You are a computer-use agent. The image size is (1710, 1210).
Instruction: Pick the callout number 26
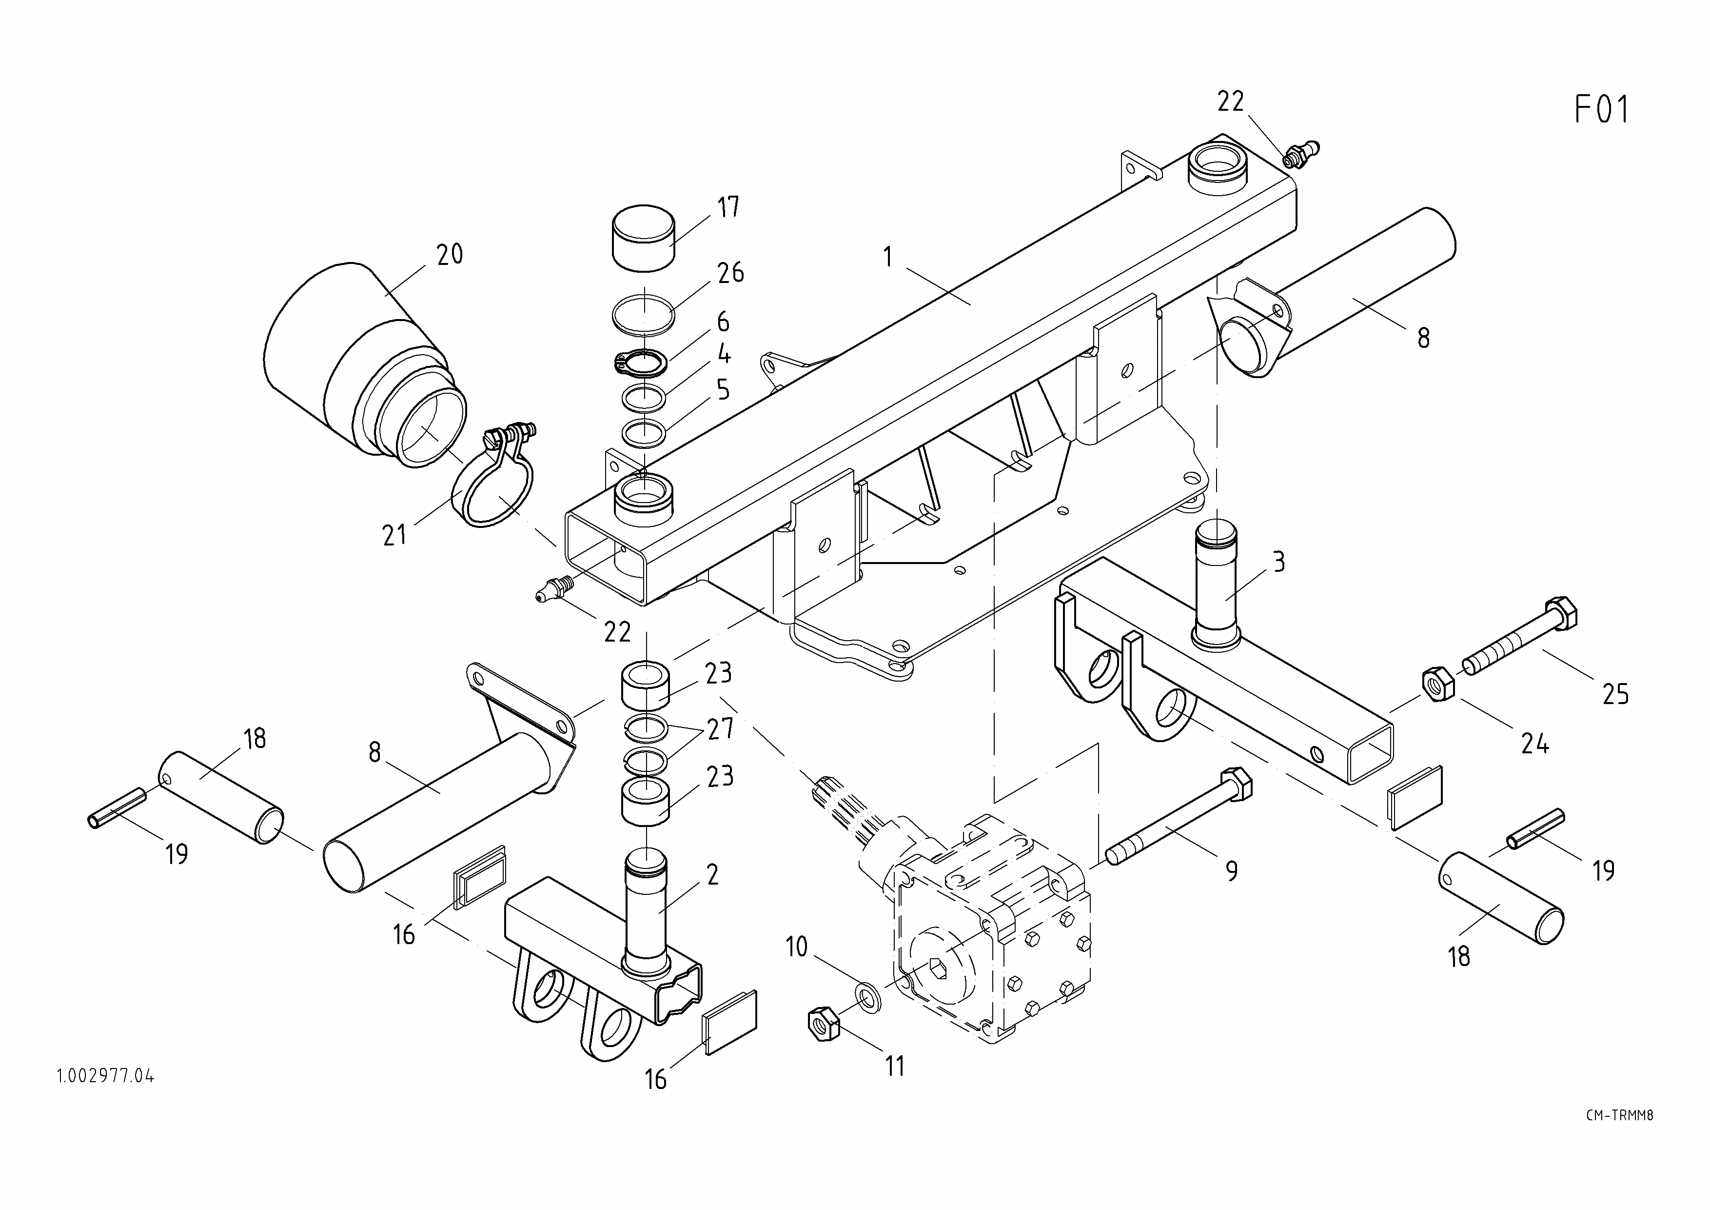pyautogui.click(x=730, y=273)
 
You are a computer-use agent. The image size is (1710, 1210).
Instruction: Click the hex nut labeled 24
pyautogui.click(x=1439, y=683)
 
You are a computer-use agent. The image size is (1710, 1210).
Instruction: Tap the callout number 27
pyautogui.click(x=720, y=728)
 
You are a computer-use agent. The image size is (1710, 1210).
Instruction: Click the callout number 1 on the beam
pyautogui.click(x=888, y=257)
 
